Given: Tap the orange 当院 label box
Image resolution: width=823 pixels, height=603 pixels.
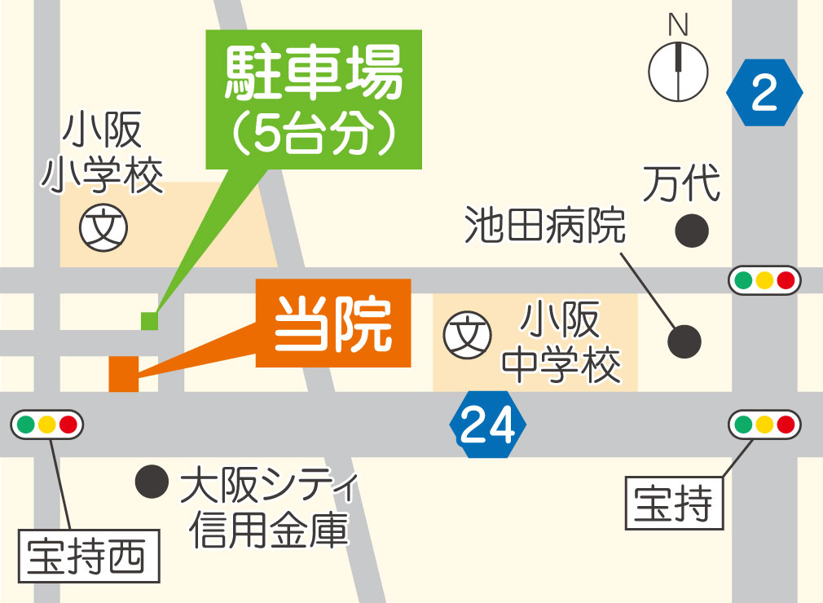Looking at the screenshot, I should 332,324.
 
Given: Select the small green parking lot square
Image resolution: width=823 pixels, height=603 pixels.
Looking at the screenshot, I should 148,321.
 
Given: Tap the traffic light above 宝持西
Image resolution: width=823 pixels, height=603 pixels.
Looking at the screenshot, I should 46,425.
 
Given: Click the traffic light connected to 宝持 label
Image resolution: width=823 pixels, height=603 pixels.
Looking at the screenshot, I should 764,425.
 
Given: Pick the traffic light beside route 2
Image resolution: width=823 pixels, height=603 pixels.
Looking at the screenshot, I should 764,280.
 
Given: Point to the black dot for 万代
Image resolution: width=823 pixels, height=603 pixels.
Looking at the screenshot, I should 692,231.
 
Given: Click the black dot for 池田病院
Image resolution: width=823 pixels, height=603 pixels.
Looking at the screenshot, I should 684,341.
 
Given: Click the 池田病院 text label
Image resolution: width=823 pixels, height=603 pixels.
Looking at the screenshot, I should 545,226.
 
